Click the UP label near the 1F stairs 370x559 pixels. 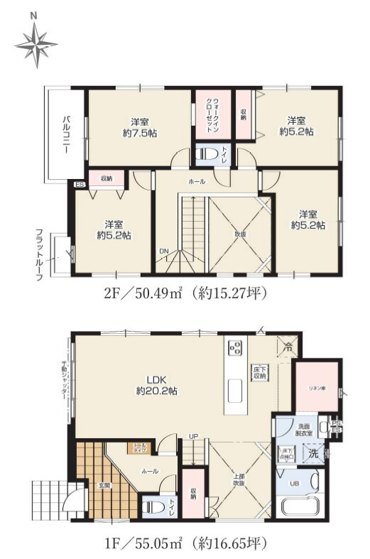[192, 435]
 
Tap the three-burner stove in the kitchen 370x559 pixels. [235, 348]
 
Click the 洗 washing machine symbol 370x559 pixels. [313, 452]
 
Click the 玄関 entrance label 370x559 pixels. [104, 485]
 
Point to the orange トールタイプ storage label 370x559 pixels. [138, 447]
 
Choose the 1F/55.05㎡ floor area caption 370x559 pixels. [186, 543]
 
